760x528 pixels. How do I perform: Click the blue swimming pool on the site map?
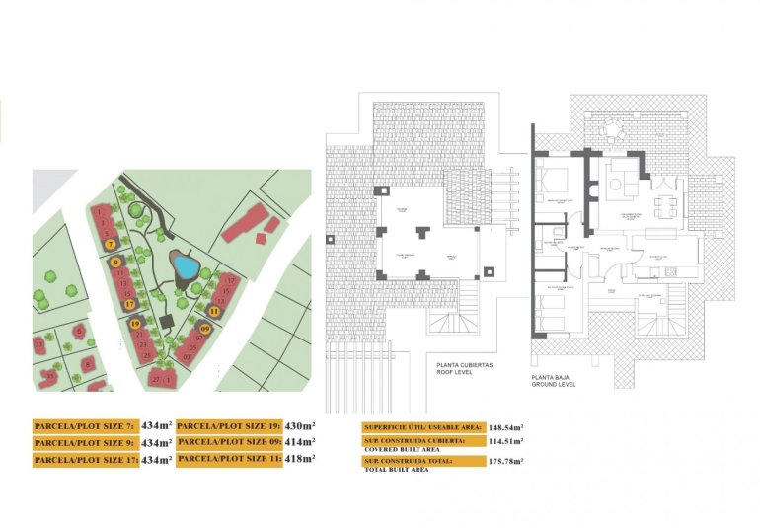point(183,266)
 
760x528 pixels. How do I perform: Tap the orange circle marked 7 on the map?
point(111,244)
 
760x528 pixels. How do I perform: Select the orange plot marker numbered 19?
point(135,323)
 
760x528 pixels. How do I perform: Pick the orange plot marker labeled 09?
point(205,328)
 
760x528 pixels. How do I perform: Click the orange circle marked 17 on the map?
point(129,305)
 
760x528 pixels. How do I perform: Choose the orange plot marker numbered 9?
point(116,262)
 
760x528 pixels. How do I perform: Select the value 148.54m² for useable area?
point(504,427)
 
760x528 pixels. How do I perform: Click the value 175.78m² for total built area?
point(506,461)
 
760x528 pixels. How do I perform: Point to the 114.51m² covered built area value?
point(505,442)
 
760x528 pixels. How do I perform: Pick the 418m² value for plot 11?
point(300,458)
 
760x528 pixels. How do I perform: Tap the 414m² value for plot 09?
point(300,442)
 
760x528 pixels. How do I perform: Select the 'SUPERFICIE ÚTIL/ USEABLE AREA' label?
point(422,427)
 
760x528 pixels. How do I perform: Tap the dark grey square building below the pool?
point(165,321)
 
